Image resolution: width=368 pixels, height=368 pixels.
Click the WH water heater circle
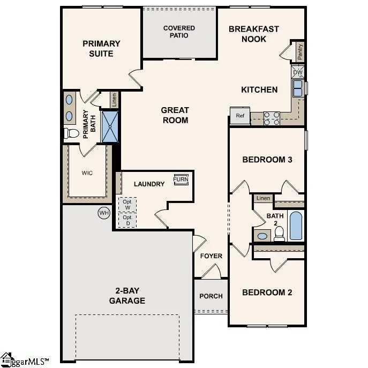pos(103,213)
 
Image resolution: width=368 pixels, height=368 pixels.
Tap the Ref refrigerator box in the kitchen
pos(240,115)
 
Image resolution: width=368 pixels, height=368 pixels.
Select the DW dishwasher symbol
pos(297,72)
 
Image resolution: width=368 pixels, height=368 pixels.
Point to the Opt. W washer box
pos(127,205)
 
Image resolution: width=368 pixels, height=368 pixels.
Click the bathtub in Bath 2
pos(296,226)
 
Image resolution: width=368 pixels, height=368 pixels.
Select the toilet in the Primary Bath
pos(71,133)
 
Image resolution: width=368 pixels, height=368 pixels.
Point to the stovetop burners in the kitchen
pos(272,118)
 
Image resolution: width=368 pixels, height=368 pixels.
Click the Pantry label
pos(300,52)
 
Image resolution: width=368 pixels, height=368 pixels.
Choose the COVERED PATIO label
pos(179,32)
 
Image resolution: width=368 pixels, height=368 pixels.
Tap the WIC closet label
pos(87,174)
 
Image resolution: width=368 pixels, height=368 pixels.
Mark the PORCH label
pos(211,296)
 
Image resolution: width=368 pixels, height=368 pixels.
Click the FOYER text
pos(211,256)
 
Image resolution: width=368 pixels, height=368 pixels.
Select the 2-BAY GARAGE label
pos(127,296)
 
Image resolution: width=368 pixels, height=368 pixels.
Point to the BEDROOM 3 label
pos(267,160)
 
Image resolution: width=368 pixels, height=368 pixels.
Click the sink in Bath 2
pos(262,236)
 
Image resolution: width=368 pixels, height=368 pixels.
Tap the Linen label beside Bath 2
pos(262,198)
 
